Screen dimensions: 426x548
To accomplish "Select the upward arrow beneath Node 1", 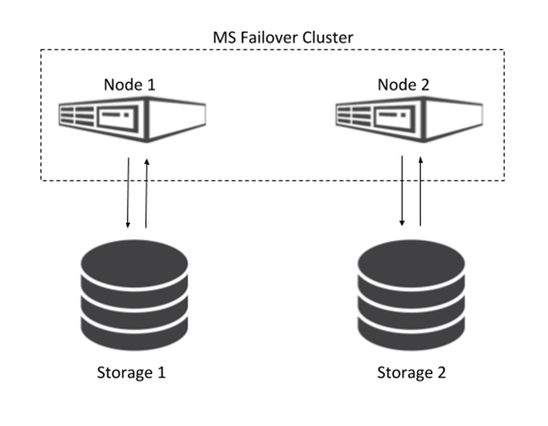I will [x=147, y=194].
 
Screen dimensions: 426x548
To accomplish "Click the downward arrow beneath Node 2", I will [x=403, y=194].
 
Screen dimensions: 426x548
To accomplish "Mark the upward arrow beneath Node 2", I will [x=421, y=194].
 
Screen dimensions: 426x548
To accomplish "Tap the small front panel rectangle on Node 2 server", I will [x=386, y=118].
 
